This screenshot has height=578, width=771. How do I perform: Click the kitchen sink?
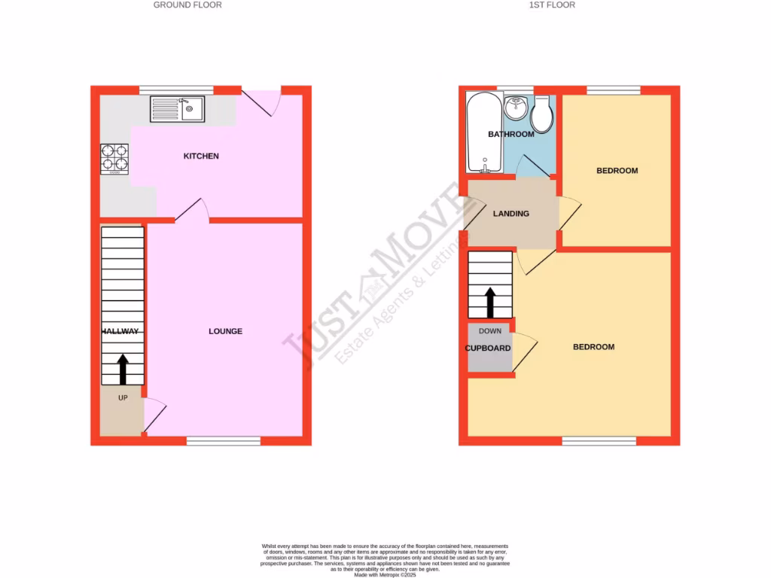tap(178, 110)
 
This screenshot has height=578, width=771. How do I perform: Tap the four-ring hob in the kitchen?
tap(114, 158)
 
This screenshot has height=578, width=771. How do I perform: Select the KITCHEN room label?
tap(201, 157)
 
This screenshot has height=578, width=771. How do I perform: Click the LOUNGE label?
tap(226, 331)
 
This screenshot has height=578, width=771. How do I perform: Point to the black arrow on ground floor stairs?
tap(122, 369)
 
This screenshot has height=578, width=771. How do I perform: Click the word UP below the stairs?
tap(123, 397)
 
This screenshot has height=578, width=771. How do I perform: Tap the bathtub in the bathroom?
tap(479, 132)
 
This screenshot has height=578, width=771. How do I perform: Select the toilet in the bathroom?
tap(542, 115)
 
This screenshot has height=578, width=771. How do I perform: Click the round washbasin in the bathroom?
tap(516, 108)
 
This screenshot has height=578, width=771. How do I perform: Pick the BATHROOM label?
tap(510, 135)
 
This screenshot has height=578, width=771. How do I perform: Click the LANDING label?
tap(510, 214)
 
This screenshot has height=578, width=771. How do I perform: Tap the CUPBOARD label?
tap(488, 348)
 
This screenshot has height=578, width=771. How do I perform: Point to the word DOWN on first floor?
tap(490, 331)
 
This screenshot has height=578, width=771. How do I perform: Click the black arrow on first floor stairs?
tap(490, 302)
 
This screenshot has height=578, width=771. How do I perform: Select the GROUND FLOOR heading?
tap(187, 5)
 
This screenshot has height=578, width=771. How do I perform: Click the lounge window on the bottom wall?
tap(224, 441)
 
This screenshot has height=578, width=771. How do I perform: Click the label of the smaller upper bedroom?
tap(617, 171)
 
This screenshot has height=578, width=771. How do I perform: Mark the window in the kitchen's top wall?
tap(176, 90)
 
